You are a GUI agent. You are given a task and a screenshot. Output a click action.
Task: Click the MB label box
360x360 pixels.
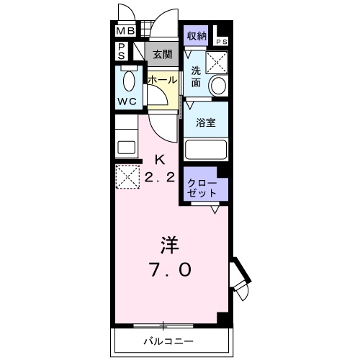tap(125, 31)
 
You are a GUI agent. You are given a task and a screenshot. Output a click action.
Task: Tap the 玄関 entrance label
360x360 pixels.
tap(161, 54)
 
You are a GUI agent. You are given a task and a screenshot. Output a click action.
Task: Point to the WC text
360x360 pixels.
tap(127, 101)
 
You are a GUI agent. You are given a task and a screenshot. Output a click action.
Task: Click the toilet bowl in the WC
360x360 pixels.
tap(130, 79)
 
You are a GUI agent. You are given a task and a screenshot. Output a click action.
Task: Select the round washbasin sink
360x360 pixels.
tap(217, 86)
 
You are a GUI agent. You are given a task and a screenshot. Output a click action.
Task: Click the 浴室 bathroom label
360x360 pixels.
tap(206, 122)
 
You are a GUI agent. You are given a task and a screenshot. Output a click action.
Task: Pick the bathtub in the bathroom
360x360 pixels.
tap(206, 150)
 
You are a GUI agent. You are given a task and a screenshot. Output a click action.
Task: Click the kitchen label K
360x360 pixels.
tap(160, 161)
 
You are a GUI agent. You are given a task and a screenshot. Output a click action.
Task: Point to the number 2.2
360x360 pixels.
tap(160, 179)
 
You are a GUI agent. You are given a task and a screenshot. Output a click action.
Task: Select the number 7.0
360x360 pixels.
tap(170, 271)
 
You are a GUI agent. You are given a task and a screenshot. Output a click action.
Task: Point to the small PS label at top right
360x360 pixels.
tap(220, 41)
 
